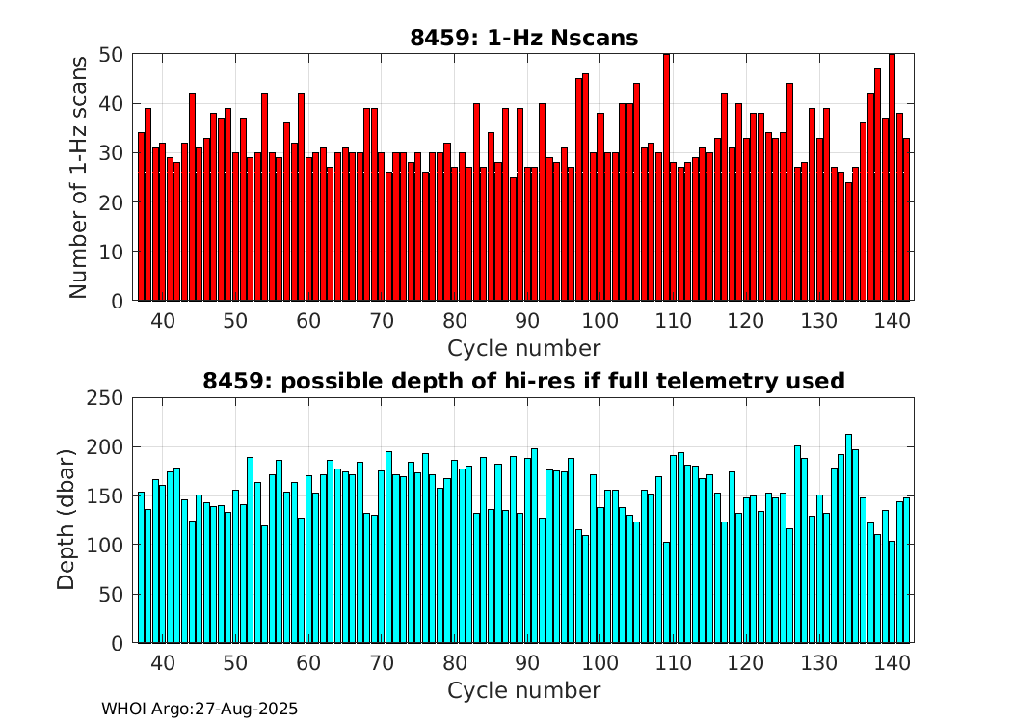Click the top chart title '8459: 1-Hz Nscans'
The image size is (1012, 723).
(523, 38)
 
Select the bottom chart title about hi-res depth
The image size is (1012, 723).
(523, 381)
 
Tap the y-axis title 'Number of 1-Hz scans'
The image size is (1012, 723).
(79, 176)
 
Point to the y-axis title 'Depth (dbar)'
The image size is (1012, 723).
(67, 520)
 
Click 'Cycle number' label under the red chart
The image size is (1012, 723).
(523, 348)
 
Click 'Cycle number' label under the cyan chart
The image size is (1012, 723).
(523, 690)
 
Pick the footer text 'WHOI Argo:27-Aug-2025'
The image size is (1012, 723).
(200, 709)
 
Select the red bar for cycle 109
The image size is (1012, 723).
(666, 178)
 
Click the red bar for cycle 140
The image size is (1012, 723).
(892, 178)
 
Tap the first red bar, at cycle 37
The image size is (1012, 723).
(141, 217)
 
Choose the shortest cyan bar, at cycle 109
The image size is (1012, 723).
(666, 592)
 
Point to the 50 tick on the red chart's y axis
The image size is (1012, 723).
(112, 54)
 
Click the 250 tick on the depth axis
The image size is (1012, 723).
(105, 398)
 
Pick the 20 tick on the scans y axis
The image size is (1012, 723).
(112, 202)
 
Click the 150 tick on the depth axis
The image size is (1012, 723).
(105, 496)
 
